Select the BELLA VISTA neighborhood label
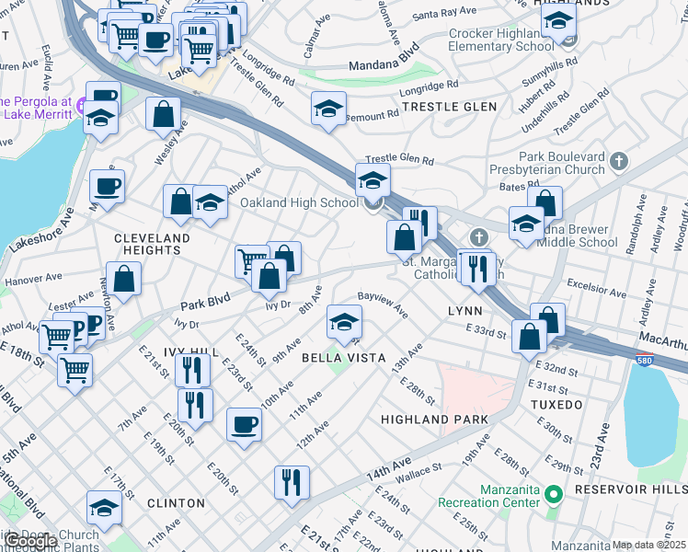click(339, 357)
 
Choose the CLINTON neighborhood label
click(176, 503)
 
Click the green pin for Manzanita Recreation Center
click(552, 495)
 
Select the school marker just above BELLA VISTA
click(344, 322)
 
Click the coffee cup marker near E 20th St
click(244, 424)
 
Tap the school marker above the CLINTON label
click(105, 508)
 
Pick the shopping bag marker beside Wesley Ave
click(163, 114)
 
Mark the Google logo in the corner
click(30, 542)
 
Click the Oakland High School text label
click(299, 202)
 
